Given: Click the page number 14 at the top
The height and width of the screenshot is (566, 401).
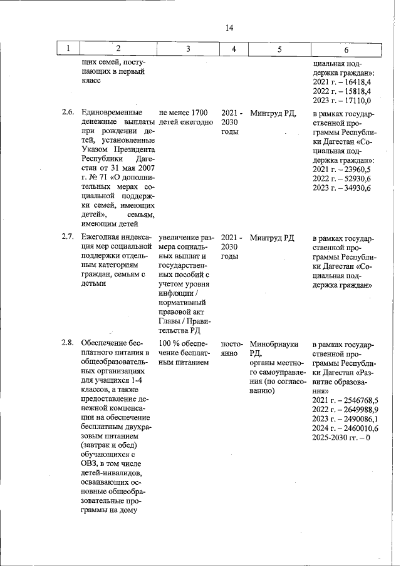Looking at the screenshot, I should [x=229, y=28].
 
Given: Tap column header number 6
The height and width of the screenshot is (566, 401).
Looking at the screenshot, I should [x=346, y=49].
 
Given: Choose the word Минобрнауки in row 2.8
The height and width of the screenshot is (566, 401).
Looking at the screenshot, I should [x=274, y=343].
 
